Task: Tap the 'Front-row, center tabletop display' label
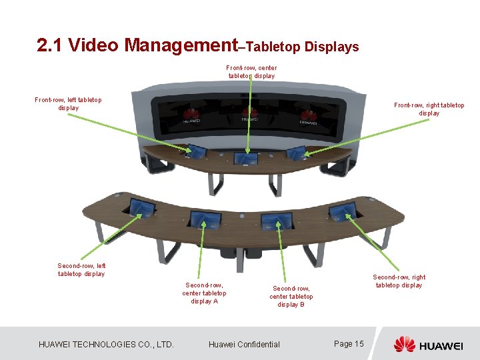point(251,71)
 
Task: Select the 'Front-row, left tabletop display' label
point(68,104)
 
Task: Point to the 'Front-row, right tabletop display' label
point(429,109)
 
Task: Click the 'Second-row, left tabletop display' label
point(81,269)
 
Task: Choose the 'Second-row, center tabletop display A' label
point(204,293)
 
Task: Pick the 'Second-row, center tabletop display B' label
point(291,296)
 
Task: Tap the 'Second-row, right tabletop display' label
point(399,281)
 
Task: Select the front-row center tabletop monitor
point(247,158)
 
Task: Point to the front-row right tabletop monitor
point(296,152)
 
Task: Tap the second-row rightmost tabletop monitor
point(343,211)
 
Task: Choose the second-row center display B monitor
point(278,219)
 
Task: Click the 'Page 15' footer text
point(349,343)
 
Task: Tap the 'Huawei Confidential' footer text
point(244,344)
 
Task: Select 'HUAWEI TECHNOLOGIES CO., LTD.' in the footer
point(106,344)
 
